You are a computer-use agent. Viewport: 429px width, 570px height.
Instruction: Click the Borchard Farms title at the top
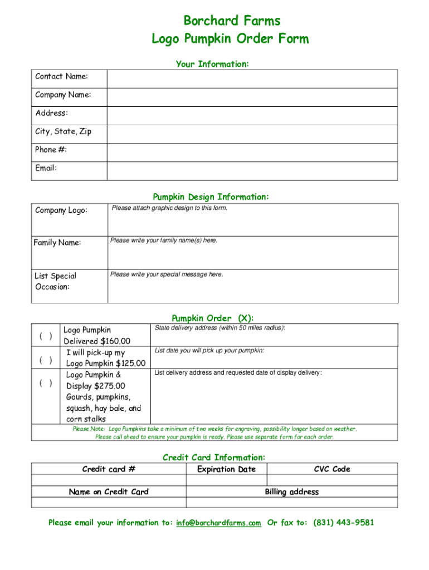point(232,21)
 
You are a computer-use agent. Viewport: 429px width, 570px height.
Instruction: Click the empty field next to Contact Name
point(252,78)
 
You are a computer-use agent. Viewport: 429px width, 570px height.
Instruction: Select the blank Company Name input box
point(252,97)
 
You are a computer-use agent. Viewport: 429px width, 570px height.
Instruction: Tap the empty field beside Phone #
point(252,152)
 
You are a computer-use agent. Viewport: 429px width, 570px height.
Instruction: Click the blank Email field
point(252,170)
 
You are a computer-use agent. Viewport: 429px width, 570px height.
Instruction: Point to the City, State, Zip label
point(64,132)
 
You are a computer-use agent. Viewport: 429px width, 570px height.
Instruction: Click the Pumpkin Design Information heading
point(211,197)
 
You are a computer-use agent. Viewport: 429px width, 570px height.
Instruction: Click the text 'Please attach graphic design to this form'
point(169,208)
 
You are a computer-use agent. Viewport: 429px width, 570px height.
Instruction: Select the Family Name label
point(57,243)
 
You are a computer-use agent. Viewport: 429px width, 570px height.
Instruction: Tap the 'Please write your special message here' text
point(167,274)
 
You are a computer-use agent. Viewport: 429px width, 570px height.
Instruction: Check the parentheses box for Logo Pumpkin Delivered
point(46,336)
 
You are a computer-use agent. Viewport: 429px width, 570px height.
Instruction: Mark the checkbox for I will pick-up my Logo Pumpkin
point(46,360)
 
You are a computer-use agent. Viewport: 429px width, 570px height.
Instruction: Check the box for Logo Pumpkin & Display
point(46,383)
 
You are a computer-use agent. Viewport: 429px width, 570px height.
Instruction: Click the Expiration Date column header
point(226,469)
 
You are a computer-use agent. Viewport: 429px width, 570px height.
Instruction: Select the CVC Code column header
point(332,469)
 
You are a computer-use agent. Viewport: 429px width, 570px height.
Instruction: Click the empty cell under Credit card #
point(109,480)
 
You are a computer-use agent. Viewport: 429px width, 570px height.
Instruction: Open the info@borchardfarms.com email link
point(218,523)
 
